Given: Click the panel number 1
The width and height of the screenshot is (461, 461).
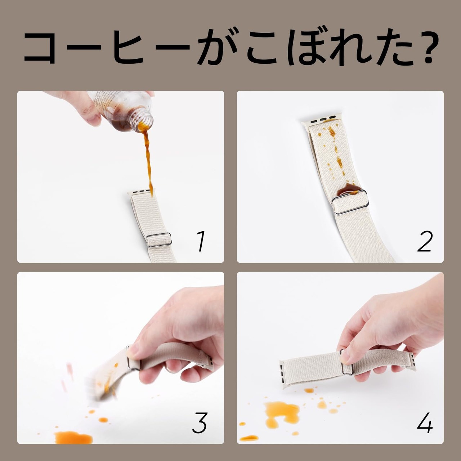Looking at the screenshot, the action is [x=201, y=241].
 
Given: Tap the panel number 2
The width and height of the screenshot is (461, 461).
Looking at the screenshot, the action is [x=425, y=241].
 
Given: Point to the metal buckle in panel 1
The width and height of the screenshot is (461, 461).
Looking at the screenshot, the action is [x=158, y=240].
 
